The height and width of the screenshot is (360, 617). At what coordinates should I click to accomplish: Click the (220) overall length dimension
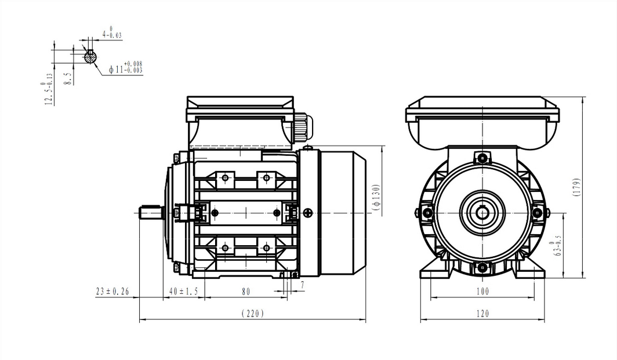(252, 314)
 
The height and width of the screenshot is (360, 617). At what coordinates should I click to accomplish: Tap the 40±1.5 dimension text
(183, 292)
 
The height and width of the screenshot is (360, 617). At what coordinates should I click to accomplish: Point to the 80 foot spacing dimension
(246, 292)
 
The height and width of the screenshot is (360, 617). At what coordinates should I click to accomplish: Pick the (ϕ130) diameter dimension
(376, 199)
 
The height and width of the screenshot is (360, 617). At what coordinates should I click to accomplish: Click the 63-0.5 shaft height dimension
(558, 246)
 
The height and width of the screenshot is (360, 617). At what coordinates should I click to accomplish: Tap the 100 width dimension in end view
(482, 292)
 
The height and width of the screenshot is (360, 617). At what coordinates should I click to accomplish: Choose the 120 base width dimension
(482, 314)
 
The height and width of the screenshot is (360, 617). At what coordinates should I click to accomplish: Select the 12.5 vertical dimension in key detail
(48, 93)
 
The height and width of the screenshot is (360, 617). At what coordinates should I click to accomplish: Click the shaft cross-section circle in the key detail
(90, 57)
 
